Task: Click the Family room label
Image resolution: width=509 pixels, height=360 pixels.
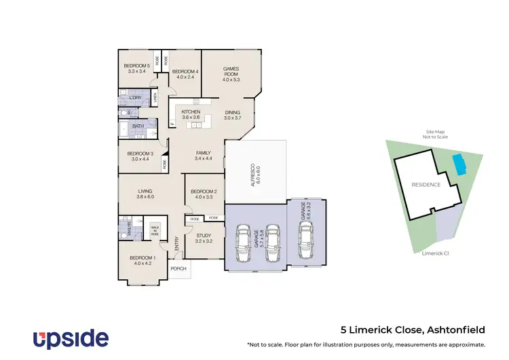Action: [x=204, y=156]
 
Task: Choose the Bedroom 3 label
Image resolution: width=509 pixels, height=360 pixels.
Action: [x=141, y=156]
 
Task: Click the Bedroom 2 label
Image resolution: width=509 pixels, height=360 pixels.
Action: [x=204, y=194]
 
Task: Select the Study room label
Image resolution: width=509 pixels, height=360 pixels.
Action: [x=204, y=238]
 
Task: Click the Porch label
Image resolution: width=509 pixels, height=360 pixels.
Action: [x=178, y=268]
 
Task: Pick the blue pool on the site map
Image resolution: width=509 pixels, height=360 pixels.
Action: [x=458, y=164]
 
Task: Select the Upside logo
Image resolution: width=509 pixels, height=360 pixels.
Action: [x=71, y=338]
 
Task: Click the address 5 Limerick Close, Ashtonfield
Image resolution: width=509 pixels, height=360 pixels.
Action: [x=413, y=330]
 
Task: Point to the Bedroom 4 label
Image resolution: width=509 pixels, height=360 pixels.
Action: [x=185, y=74]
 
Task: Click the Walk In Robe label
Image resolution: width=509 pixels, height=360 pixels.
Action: [x=155, y=230]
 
